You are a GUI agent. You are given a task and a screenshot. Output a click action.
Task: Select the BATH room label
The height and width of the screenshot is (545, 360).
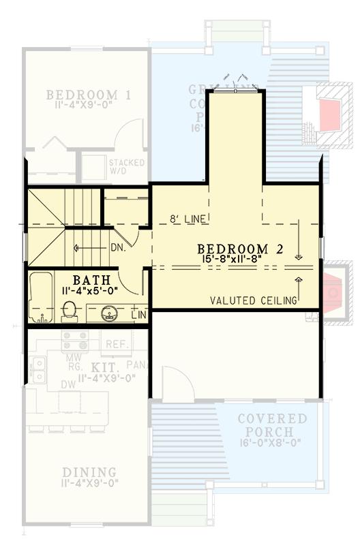90,280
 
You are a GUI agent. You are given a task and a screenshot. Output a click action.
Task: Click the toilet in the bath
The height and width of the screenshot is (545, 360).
69,311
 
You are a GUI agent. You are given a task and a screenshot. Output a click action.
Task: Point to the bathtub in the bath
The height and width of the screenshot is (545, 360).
42,298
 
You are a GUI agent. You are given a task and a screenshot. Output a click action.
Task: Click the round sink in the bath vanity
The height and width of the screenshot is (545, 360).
109,314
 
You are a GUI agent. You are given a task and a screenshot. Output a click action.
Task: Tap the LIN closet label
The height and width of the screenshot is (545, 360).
138,315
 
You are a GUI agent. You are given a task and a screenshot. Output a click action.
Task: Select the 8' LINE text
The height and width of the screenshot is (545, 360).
189,219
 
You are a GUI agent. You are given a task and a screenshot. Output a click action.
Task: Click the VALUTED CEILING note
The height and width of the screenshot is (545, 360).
254,300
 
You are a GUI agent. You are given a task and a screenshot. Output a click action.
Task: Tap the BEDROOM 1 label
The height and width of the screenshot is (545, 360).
89,95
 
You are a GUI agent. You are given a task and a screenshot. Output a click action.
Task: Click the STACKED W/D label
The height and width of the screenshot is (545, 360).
127,166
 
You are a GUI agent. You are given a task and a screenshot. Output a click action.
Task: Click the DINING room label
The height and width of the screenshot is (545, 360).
89,472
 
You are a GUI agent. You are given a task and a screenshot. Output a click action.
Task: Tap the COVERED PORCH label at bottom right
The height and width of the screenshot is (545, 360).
272,425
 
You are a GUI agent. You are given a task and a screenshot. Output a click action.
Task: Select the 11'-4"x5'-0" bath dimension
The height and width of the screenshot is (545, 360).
90,290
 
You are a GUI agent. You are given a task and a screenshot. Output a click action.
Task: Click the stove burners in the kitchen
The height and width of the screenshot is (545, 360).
72,341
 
